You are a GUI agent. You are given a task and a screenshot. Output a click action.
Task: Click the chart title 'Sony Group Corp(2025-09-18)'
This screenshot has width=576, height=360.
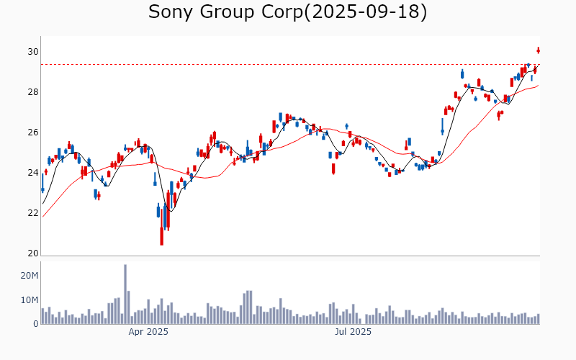(287, 12)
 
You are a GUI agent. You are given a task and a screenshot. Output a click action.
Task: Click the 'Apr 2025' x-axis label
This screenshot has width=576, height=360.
(148, 332)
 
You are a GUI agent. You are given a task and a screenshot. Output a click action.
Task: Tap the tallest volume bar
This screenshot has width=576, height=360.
(125, 294)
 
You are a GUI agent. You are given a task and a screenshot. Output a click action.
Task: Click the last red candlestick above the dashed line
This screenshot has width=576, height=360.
(538, 50)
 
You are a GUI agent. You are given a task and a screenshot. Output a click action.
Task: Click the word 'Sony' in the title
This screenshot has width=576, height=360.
(170, 12)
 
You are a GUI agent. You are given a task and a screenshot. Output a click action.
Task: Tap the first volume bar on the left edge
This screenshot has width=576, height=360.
(42, 315)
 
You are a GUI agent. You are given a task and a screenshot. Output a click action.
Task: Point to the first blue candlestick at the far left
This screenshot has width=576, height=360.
(42, 189)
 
